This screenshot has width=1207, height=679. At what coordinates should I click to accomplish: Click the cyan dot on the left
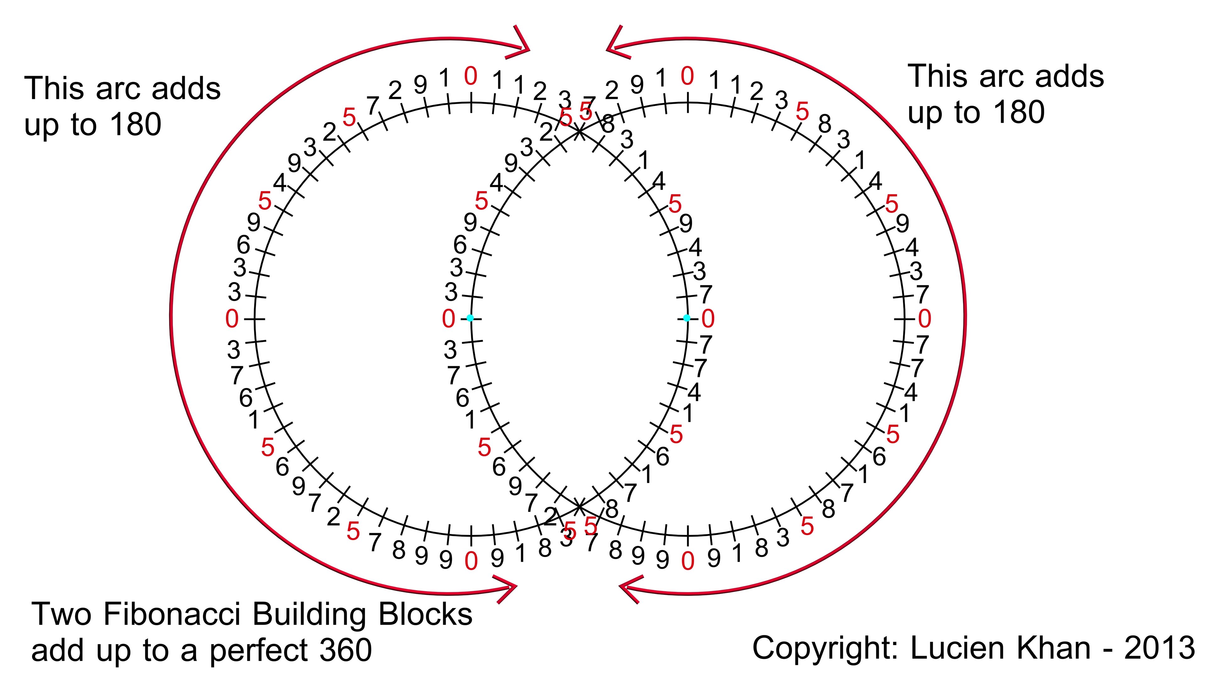pyautogui.click(x=470, y=318)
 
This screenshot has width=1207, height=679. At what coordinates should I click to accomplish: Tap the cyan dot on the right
pyautogui.click(x=686, y=318)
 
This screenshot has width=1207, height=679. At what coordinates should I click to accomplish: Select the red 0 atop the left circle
pyautogui.click(x=471, y=76)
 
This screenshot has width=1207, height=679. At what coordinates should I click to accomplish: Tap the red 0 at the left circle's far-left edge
pyautogui.click(x=232, y=319)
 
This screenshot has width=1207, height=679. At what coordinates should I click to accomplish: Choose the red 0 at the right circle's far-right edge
pyautogui.click(x=924, y=319)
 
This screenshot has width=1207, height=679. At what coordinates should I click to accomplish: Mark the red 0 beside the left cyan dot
pyautogui.click(x=449, y=319)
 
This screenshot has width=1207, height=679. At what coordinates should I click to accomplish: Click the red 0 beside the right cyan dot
pyautogui.click(x=708, y=319)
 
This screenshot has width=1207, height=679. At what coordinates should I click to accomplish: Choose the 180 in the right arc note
pyautogui.click(x=1019, y=113)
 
